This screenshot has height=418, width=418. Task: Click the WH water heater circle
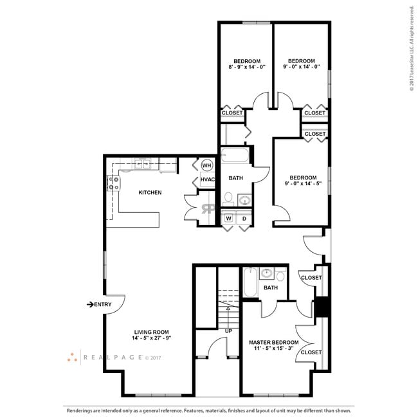pyautogui.click(x=207, y=165)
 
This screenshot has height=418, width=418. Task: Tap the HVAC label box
pyautogui.click(x=207, y=179)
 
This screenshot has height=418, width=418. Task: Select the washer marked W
pyautogui.click(x=228, y=219)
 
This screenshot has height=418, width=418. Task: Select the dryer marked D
pyautogui.click(x=244, y=219)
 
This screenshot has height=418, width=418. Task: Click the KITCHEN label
pyautogui.click(x=150, y=192)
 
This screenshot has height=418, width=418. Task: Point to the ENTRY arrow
pyautogui.click(x=91, y=304)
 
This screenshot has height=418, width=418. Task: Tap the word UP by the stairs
pyautogui.click(x=228, y=331)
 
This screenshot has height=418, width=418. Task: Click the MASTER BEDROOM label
pyautogui.click(x=274, y=342)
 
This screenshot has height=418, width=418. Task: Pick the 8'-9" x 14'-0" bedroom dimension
pyautogui.click(x=246, y=67)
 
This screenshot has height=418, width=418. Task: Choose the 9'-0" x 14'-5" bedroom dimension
pyautogui.click(x=302, y=183)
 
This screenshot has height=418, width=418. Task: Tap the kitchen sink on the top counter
pyautogui.click(x=145, y=165)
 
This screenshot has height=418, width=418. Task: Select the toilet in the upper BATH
pyautogui.click(x=229, y=198)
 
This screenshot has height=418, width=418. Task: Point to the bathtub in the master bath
pyautogui.click(x=250, y=283)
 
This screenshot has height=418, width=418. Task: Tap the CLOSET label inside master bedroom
pyautogui.click(x=311, y=352)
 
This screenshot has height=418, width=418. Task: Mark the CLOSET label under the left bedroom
pyautogui.click(x=232, y=113)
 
